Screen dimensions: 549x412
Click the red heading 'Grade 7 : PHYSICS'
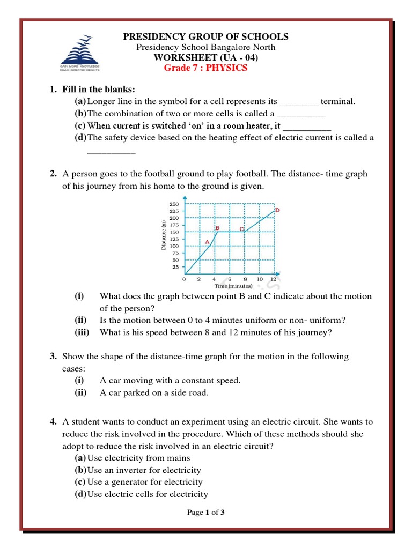(x=206, y=68)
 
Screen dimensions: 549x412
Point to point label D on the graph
(x=277, y=211)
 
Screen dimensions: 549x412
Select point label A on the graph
(x=207, y=242)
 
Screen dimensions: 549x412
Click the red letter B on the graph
(x=217, y=228)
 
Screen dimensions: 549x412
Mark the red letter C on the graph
(x=241, y=229)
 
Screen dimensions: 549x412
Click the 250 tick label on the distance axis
(x=173, y=204)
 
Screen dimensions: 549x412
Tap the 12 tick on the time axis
(x=274, y=279)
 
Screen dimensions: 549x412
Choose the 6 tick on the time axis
(x=230, y=279)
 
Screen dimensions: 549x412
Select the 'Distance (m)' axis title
(x=163, y=235)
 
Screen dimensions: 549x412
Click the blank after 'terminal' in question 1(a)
(x=299, y=102)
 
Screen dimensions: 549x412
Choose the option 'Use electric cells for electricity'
(x=147, y=494)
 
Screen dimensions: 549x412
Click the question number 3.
(x=53, y=356)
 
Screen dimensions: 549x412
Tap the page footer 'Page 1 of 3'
(x=205, y=513)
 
